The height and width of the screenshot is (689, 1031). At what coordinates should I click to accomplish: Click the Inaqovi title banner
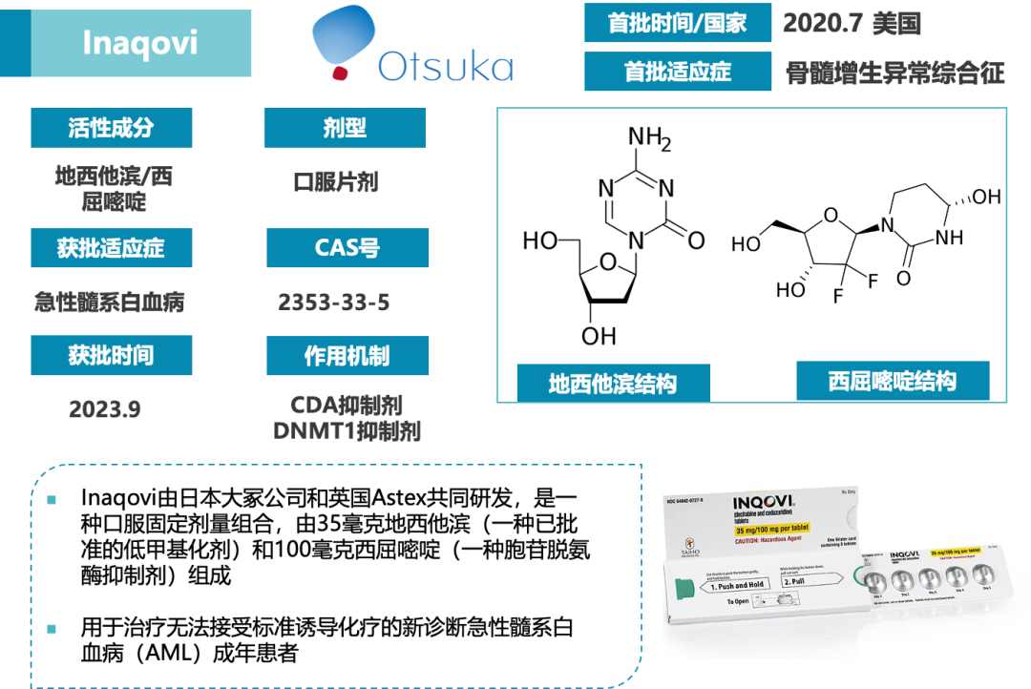[140, 43]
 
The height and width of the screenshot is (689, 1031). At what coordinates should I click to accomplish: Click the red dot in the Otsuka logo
[338, 73]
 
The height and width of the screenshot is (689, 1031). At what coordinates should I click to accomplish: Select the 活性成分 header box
[111, 128]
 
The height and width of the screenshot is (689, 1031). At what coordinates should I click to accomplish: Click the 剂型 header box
[345, 128]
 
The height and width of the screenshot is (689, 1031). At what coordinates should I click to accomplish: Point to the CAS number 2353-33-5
[334, 303]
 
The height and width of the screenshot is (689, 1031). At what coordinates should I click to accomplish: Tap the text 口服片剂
[335, 182]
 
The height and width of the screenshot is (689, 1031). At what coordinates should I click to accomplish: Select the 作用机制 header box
[346, 356]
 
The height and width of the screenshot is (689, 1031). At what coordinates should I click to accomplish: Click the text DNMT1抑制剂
[346, 431]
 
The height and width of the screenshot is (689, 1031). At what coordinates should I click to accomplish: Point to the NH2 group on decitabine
[649, 140]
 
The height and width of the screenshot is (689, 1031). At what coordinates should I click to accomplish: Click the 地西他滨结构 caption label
[613, 384]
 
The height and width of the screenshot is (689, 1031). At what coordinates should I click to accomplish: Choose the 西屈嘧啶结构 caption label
[893, 381]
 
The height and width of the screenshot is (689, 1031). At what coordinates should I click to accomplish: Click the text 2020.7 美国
[852, 24]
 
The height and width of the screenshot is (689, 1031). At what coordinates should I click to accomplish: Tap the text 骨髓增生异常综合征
[894, 73]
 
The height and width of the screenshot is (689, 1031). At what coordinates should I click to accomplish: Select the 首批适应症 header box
[678, 72]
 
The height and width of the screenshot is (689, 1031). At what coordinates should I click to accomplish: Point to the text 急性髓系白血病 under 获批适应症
[109, 303]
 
